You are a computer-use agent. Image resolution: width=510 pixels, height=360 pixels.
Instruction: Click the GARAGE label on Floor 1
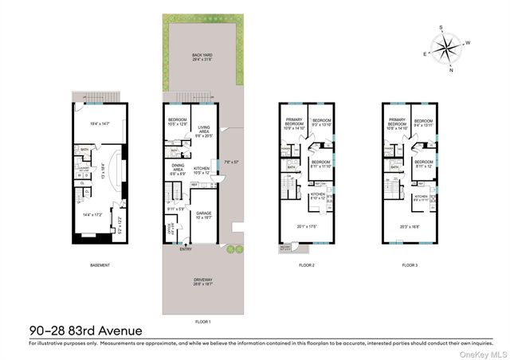tap(204, 213)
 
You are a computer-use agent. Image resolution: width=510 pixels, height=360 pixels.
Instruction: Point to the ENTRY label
tap(186, 249)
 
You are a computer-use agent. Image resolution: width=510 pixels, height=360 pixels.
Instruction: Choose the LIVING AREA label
tap(205, 129)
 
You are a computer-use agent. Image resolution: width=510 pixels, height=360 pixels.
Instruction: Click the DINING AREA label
tap(178, 165)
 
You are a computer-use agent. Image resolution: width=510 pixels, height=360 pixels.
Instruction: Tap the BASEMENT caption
tap(100, 264)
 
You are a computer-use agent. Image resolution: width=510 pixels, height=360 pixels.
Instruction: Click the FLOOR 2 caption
tap(308, 264)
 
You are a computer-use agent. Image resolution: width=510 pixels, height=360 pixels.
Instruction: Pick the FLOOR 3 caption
tap(410, 264)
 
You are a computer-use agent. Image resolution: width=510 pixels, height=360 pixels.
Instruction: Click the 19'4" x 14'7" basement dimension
tap(99, 123)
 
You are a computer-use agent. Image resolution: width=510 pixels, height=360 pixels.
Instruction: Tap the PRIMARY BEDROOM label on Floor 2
tap(294, 123)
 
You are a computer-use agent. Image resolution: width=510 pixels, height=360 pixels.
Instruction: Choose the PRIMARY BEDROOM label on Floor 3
tap(396, 123)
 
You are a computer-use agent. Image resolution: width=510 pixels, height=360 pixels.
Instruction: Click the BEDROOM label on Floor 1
tap(177, 120)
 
